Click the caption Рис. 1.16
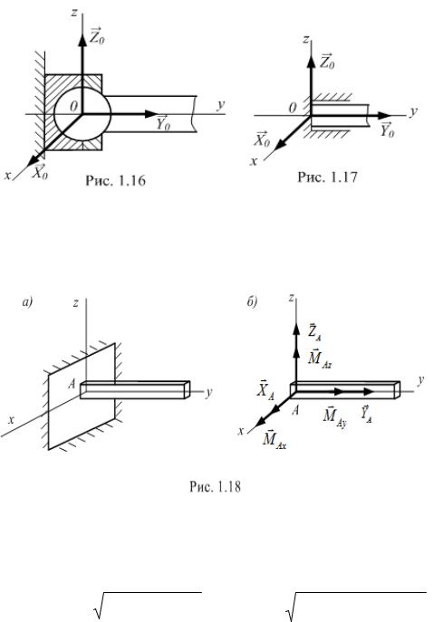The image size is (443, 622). pyautogui.click(x=116, y=181)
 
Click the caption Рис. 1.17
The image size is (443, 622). pyautogui.click(x=327, y=177)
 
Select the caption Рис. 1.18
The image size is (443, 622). pyautogui.click(x=215, y=486)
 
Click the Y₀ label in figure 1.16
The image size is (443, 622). pyautogui.click(x=163, y=122)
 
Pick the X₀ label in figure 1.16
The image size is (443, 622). pyautogui.click(x=40, y=172)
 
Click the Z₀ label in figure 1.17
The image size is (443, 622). pyautogui.click(x=327, y=62)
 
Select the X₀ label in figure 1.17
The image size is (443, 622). pyautogui.click(x=262, y=139)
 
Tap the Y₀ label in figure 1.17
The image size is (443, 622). pyautogui.click(x=387, y=129)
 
